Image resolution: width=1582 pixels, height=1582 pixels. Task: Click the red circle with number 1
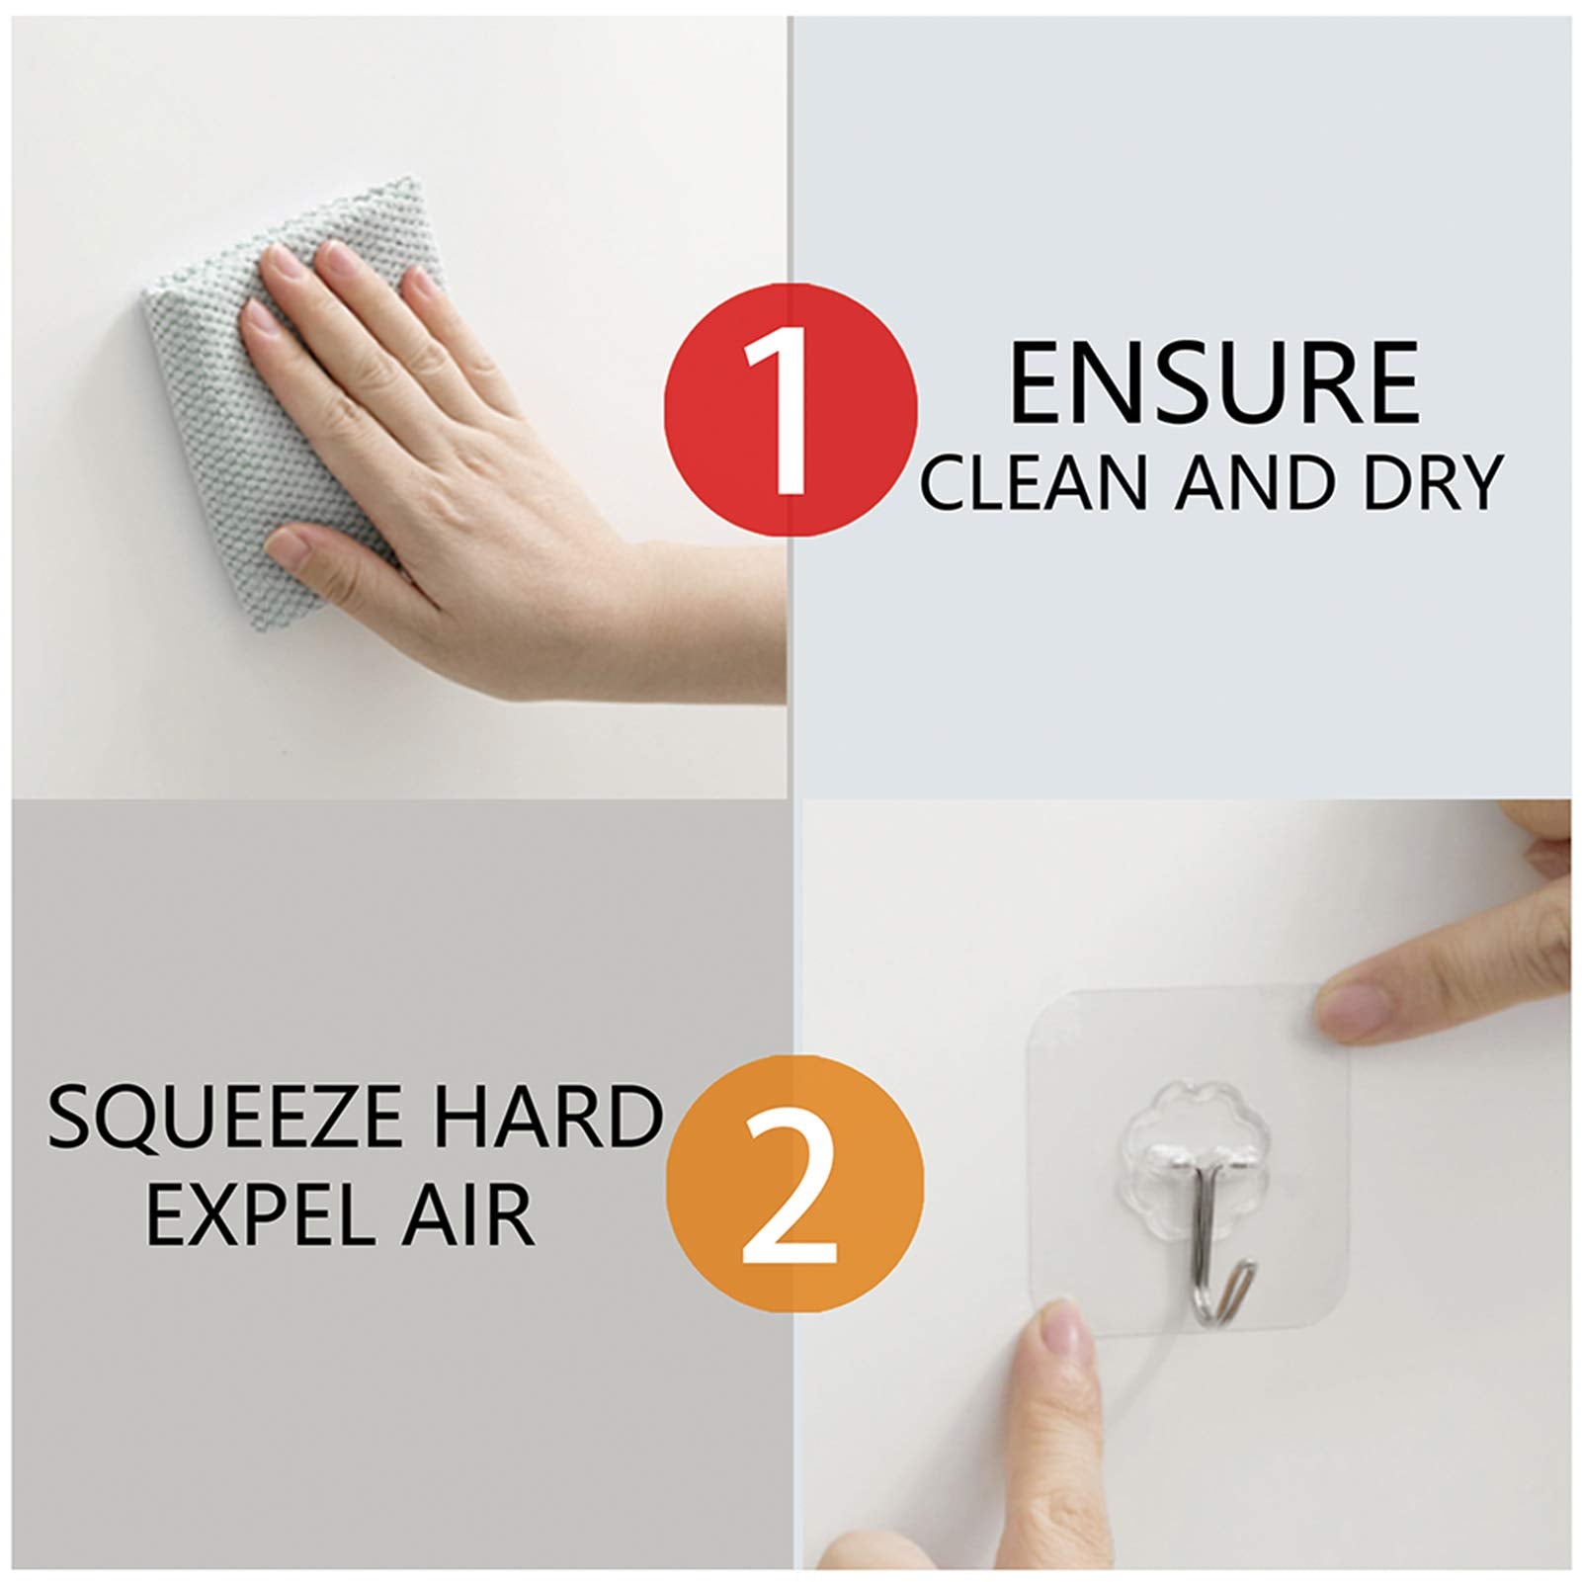(791, 410)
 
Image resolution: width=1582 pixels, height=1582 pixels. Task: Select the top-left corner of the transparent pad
(1036, 991)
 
